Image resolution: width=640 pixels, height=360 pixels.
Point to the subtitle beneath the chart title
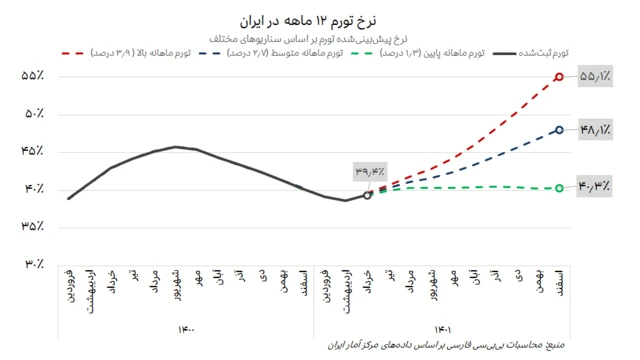pyautogui.click(x=319, y=37)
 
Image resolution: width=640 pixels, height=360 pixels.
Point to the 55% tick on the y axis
pyautogui.click(x=32, y=76)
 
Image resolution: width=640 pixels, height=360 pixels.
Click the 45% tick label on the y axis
pyautogui.click(x=32, y=151)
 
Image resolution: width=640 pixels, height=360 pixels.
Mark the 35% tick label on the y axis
pyautogui.click(x=32, y=226)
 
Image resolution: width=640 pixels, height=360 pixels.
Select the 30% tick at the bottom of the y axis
pyautogui.click(x=32, y=264)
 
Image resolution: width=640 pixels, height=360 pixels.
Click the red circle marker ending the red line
pyautogui.click(x=559, y=76)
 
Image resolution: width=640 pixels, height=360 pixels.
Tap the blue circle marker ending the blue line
pyautogui.click(x=559, y=129)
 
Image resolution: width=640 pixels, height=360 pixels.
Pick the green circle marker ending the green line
pyautogui.click(x=559, y=188)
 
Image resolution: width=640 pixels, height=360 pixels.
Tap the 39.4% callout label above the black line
pyautogui.click(x=369, y=172)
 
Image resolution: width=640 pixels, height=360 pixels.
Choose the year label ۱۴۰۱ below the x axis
pyautogui.click(x=442, y=327)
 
